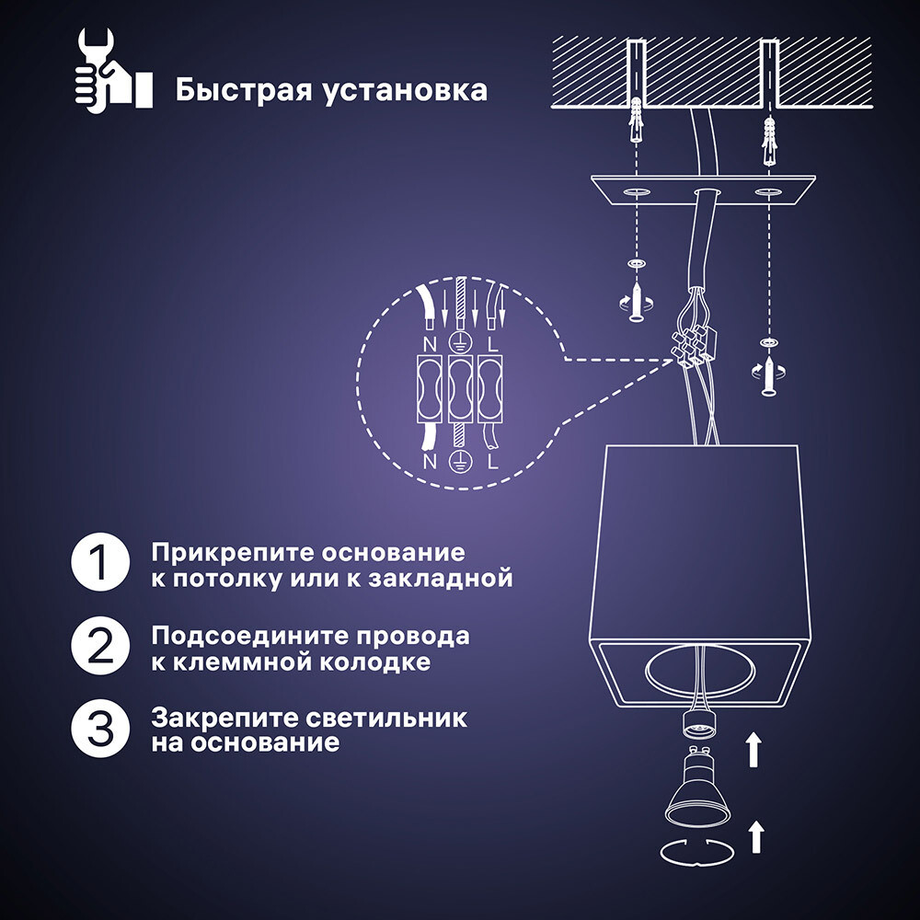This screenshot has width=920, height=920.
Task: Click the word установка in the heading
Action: [406, 92]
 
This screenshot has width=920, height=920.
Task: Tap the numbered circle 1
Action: [99, 565]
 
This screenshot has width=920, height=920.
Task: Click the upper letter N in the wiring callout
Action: [430, 345]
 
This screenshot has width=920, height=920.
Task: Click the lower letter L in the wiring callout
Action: [492, 460]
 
